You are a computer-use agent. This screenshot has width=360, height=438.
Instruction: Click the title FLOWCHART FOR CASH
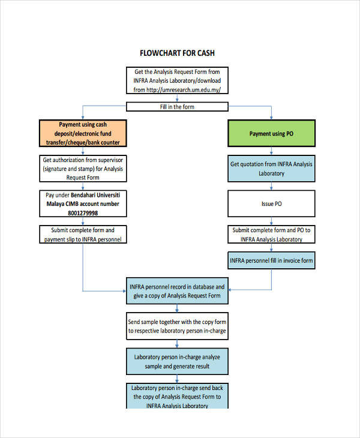(177, 53)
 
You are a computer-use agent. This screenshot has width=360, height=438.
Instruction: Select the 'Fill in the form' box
(177, 107)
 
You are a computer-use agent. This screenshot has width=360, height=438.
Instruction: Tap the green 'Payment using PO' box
(271, 133)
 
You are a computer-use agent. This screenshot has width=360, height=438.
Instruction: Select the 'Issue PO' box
(271, 204)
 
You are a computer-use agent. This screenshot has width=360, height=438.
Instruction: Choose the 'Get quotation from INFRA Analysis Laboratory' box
(271, 169)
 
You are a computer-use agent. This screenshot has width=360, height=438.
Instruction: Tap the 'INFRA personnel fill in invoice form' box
(271, 261)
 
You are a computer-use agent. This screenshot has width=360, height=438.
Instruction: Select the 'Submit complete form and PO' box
(271, 235)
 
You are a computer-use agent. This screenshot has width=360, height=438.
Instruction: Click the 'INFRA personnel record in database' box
(177, 291)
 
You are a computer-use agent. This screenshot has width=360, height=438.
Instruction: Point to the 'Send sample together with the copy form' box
(177, 326)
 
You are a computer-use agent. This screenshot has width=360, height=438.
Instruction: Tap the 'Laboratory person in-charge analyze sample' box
(177, 361)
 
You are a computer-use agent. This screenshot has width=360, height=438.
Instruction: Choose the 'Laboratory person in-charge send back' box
(177, 396)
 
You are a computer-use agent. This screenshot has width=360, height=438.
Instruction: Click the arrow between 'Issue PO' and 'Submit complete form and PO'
(271, 221)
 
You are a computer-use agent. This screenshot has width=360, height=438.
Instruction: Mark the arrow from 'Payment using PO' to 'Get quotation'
(271, 152)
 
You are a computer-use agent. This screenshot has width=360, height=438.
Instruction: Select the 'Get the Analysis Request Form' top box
(177, 80)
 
